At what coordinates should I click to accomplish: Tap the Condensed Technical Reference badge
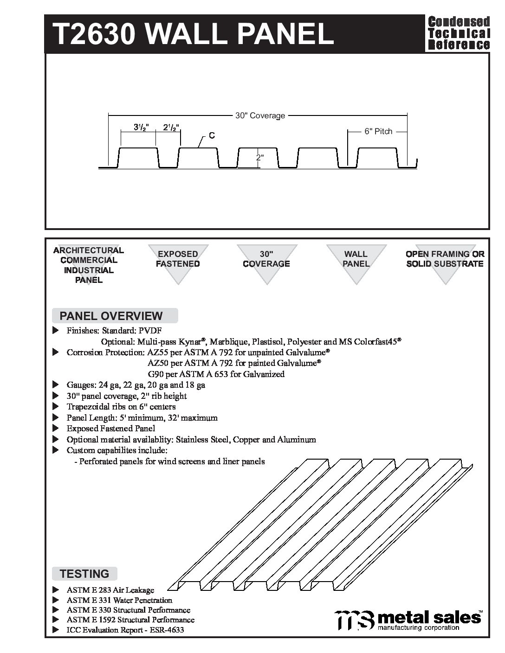(x=458, y=33)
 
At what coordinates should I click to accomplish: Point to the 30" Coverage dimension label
(x=260, y=115)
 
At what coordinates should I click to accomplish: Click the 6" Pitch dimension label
(x=378, y=132)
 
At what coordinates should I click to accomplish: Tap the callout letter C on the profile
(x=212, y=135)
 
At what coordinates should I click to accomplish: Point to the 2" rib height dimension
(x=260, y=158)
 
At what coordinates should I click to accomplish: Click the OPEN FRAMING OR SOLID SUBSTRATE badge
(x=445, y=259)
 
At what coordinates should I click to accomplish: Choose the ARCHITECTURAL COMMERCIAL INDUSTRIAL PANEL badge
(x=89, y=265)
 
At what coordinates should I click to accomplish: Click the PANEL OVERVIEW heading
(x=111, y=316)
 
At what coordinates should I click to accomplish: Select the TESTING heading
(x=84, y=574)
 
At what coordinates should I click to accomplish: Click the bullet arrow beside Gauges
(x=56, y=384)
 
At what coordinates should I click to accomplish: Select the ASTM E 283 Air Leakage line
(x=110, y=590)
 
